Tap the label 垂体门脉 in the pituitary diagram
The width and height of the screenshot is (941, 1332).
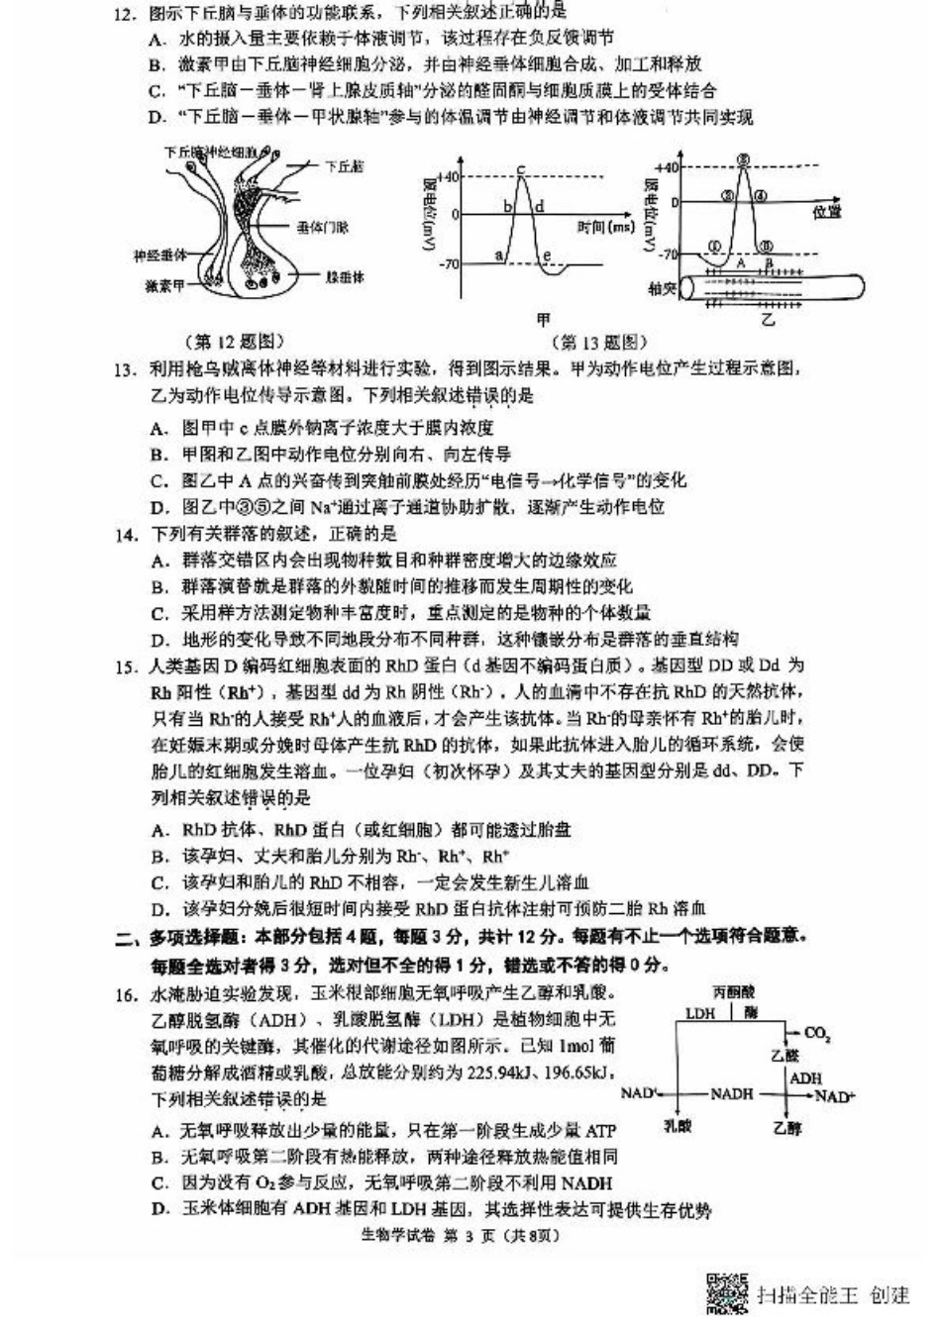[x=323, y=227]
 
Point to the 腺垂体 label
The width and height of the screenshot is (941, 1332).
[x=345, y=277]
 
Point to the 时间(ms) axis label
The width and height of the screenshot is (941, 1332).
[x=604, y=228]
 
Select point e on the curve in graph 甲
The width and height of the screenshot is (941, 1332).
[x=547, y=257]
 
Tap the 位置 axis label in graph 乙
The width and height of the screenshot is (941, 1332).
[x=827, y=211]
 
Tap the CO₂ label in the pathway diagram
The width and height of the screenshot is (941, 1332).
[x=817, y=1033]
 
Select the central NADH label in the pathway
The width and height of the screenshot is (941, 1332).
[x=732, y=1093]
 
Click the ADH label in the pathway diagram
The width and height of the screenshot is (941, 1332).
[x=805, y=1077]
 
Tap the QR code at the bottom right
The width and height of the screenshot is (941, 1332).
[x=728, y=1293]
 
